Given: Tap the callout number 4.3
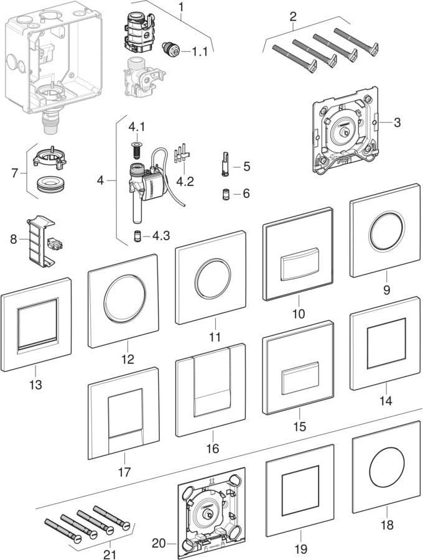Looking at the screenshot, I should click(160, 236).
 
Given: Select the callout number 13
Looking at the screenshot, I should click(35, 385).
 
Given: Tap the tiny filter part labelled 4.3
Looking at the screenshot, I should click(136, 235).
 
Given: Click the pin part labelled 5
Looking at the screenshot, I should click(226, 164).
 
